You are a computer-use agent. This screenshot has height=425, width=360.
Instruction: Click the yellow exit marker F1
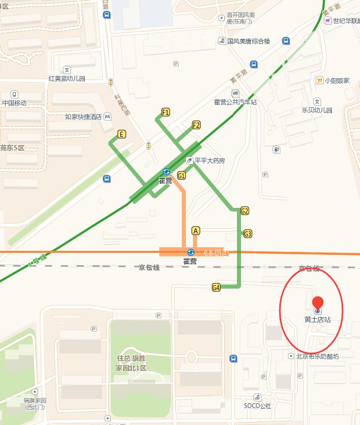165,112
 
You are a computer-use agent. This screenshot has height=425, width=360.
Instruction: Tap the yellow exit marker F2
196,125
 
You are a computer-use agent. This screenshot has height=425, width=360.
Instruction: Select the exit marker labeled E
122,134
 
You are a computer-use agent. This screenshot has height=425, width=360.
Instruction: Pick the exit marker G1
181,175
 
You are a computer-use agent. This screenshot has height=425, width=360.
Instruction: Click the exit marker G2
245,210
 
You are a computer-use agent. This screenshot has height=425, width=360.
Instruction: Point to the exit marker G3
248,234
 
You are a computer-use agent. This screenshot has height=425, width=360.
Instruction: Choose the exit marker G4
216,288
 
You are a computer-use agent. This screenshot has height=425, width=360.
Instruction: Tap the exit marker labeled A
196,231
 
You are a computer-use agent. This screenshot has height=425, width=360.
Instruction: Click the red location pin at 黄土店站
318,303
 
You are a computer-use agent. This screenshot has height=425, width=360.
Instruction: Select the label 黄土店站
318,320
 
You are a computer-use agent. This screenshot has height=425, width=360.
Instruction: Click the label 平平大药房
209,160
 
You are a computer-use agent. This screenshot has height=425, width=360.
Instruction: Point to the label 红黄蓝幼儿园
67,79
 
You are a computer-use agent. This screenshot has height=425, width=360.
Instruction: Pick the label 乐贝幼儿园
317,110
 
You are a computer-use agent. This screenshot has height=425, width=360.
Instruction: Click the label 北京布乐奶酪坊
317,356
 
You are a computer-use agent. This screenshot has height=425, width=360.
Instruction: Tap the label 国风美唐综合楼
248,41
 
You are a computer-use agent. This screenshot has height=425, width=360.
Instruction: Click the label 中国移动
14,103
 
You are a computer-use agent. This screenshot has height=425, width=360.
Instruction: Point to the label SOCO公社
257,406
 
